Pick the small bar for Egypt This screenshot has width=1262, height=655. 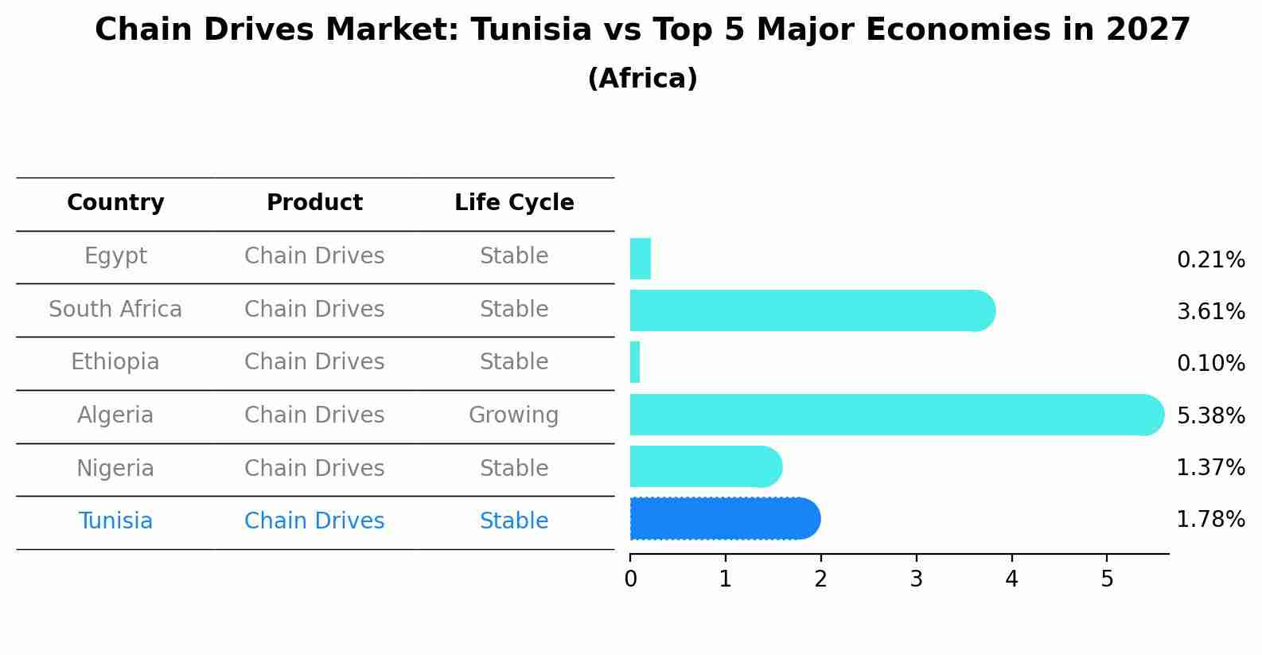[641, 259]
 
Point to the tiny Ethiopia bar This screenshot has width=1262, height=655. [635, 362]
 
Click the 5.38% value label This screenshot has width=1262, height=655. [1210, 415]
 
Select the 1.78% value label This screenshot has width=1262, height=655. [1210, 520]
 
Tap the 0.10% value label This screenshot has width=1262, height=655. [1210, 364]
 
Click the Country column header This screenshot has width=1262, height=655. [115, 203]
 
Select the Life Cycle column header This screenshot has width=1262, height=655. [514, 203]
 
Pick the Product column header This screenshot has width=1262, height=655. [314, 203]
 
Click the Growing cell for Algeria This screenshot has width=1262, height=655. [514, 415]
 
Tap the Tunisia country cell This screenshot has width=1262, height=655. [115, 521]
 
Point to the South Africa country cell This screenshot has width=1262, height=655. [115, 310]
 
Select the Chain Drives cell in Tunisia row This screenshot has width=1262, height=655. [314, 521]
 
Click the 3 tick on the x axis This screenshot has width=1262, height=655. [916, 579]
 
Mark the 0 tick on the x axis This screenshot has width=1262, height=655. [630, 579]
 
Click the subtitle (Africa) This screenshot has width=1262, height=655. [642, 79]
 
